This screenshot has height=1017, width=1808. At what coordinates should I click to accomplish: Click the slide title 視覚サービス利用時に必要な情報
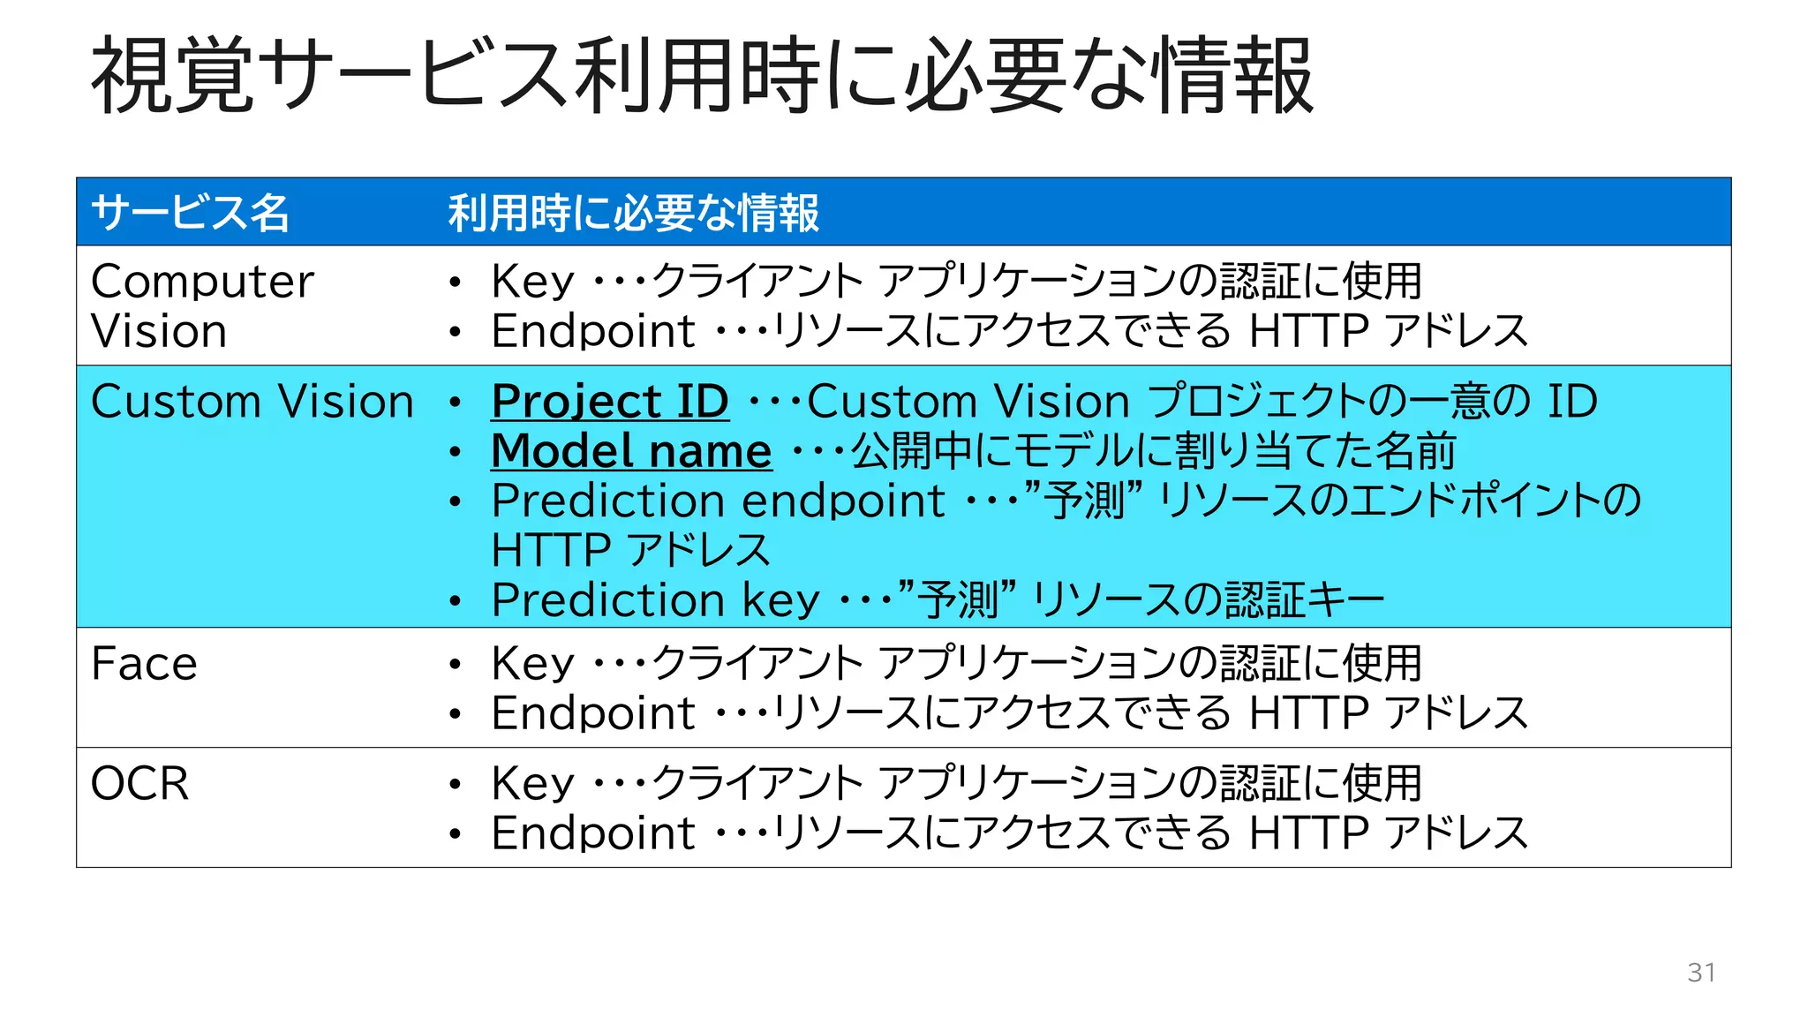(x=702, y=76)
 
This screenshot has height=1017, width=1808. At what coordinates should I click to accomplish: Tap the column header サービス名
(x=190, y=213)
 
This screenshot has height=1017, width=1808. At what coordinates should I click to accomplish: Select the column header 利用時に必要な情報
(x=633, y=213)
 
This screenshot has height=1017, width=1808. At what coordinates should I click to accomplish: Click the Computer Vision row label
(x=202, y=305)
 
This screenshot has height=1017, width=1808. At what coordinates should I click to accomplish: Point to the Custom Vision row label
(x=252, y=402)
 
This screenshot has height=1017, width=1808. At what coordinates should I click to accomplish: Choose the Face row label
(x=144, y=664)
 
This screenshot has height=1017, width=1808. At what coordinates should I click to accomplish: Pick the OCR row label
(x=139, y=784)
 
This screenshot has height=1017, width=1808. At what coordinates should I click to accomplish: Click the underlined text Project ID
(x=610, y=402)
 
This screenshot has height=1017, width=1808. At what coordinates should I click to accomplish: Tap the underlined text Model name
(x=631, y=451)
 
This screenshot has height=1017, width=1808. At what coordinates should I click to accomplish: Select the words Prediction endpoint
(x=718, y=501)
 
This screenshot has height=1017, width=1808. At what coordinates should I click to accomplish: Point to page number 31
(x=1701, y=972)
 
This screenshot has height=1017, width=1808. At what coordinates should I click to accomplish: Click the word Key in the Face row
(x=532, y=664)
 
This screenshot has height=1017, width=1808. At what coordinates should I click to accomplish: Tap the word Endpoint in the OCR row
(x=593, y=833)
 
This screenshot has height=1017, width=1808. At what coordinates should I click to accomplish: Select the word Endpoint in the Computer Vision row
(x=593, y=331)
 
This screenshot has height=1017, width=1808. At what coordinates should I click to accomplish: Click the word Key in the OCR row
(x=532, y=784)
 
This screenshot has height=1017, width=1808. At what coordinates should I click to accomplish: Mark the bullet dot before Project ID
(x=455, y=403)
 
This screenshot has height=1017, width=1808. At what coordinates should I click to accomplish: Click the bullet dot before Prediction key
(x=455, y=602)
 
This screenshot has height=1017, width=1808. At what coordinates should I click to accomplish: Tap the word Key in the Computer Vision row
(x=532, y=282)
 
